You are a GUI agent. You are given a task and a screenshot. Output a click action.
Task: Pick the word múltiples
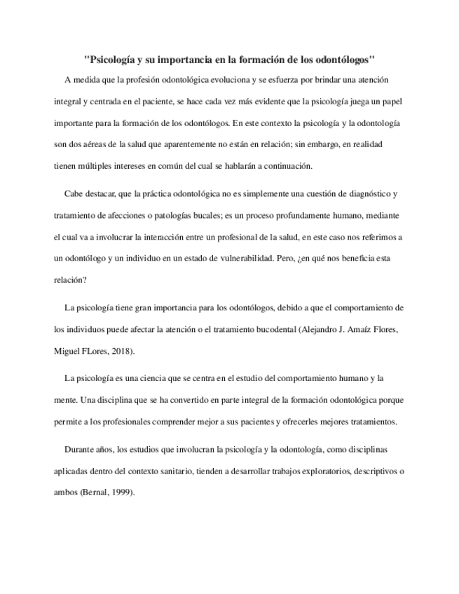(x=94, y=166)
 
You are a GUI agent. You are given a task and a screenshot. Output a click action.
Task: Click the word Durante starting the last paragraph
(x=79, y=449)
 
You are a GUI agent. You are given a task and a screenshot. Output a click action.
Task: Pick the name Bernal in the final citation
(x=95, y=492)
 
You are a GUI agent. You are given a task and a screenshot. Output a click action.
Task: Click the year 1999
(x=122, y=492)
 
